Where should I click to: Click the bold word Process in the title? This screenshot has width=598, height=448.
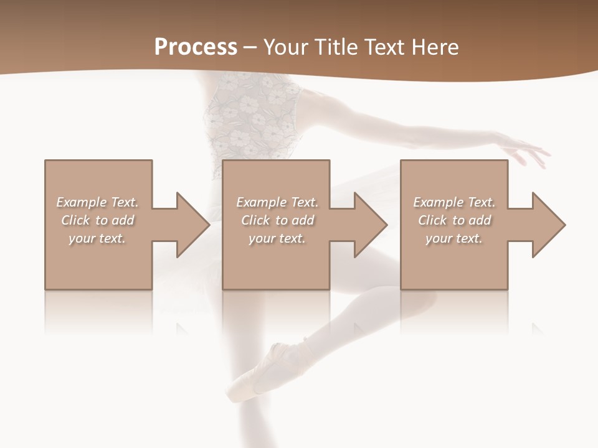tap(196, 47)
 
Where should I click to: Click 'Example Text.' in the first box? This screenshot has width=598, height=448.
tap(97, 202)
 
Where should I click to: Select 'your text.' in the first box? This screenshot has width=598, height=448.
tap(97, 238)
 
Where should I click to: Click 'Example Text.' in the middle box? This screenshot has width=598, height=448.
tap(277, 202)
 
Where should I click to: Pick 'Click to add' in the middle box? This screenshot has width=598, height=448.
tap(277, 220)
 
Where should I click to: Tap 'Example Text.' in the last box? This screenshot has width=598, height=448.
tap(454, 202)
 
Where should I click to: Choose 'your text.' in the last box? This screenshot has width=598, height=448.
tap(454, 238)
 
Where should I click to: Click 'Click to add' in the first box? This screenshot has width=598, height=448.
tap(97, 220)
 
